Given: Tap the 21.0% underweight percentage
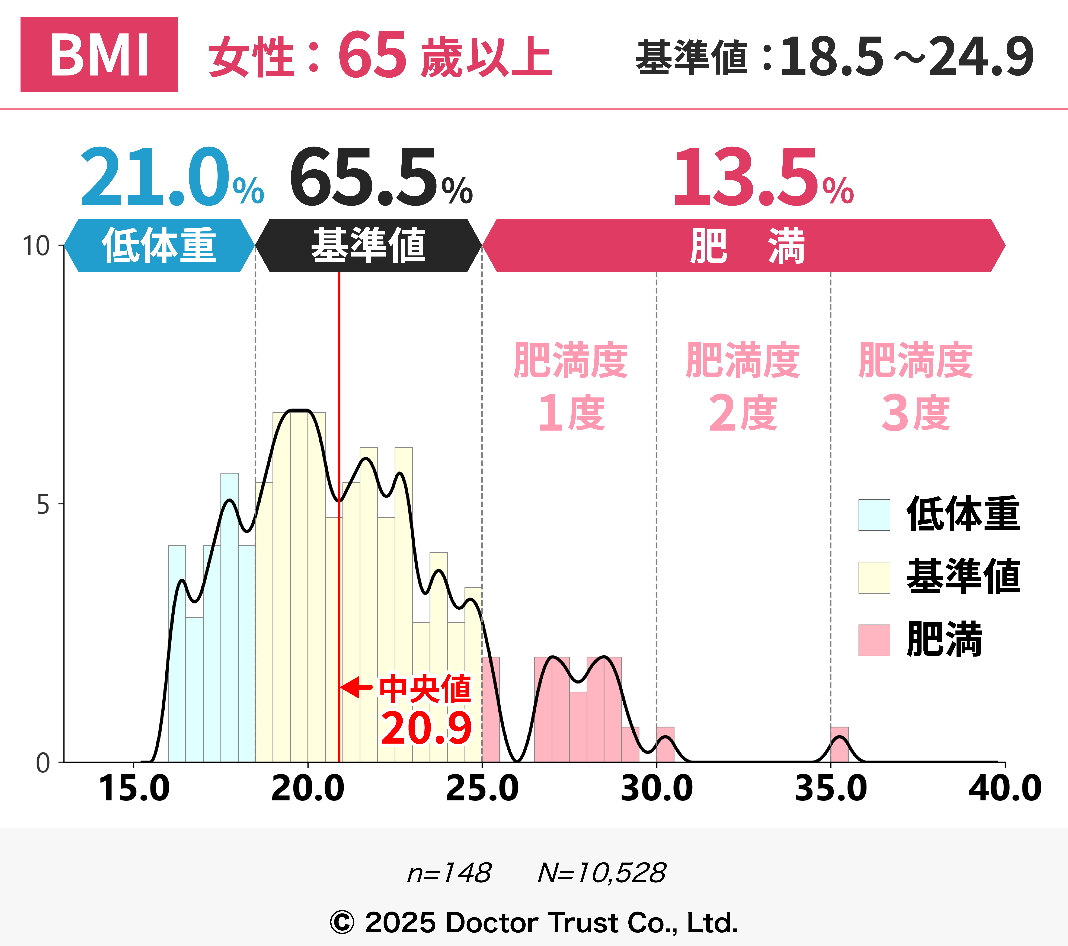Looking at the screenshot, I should pos(171,178).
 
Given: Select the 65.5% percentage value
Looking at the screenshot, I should pos(380,178).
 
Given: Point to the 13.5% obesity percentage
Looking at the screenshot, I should pos(763,178).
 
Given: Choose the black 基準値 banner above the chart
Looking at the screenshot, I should pos(368,245).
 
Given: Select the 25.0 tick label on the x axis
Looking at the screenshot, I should pos(482,788).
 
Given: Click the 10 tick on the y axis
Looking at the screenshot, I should pos(36,246).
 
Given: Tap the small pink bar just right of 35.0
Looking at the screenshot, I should pos(839,745).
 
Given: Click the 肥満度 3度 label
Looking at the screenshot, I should pos(915,387).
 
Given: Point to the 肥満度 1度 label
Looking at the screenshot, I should pos(571,387).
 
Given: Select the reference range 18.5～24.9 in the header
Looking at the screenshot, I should pos(907,56).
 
